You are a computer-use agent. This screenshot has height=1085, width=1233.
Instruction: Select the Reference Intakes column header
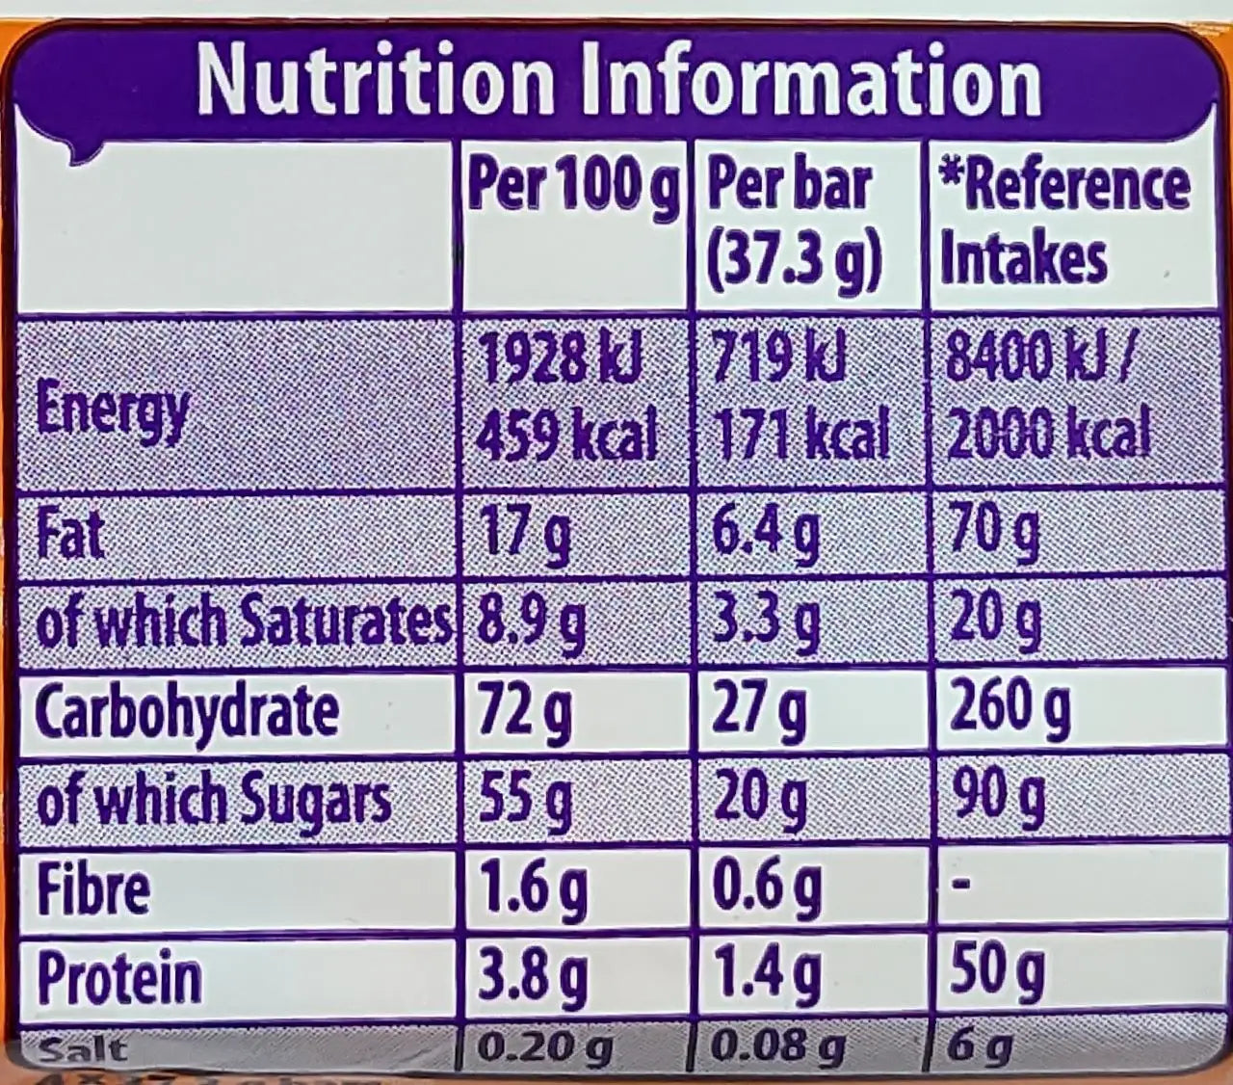pos(1064,222)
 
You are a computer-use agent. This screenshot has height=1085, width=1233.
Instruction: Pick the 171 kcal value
pos(800,435)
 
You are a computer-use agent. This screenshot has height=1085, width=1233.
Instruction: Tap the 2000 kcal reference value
pos(1049,435)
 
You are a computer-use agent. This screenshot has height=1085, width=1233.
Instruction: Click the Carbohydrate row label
pos(187,712)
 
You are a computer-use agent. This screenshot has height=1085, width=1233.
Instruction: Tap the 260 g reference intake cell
pos(1010,709)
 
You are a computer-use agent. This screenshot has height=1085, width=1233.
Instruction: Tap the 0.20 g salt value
pos(545,1047)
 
